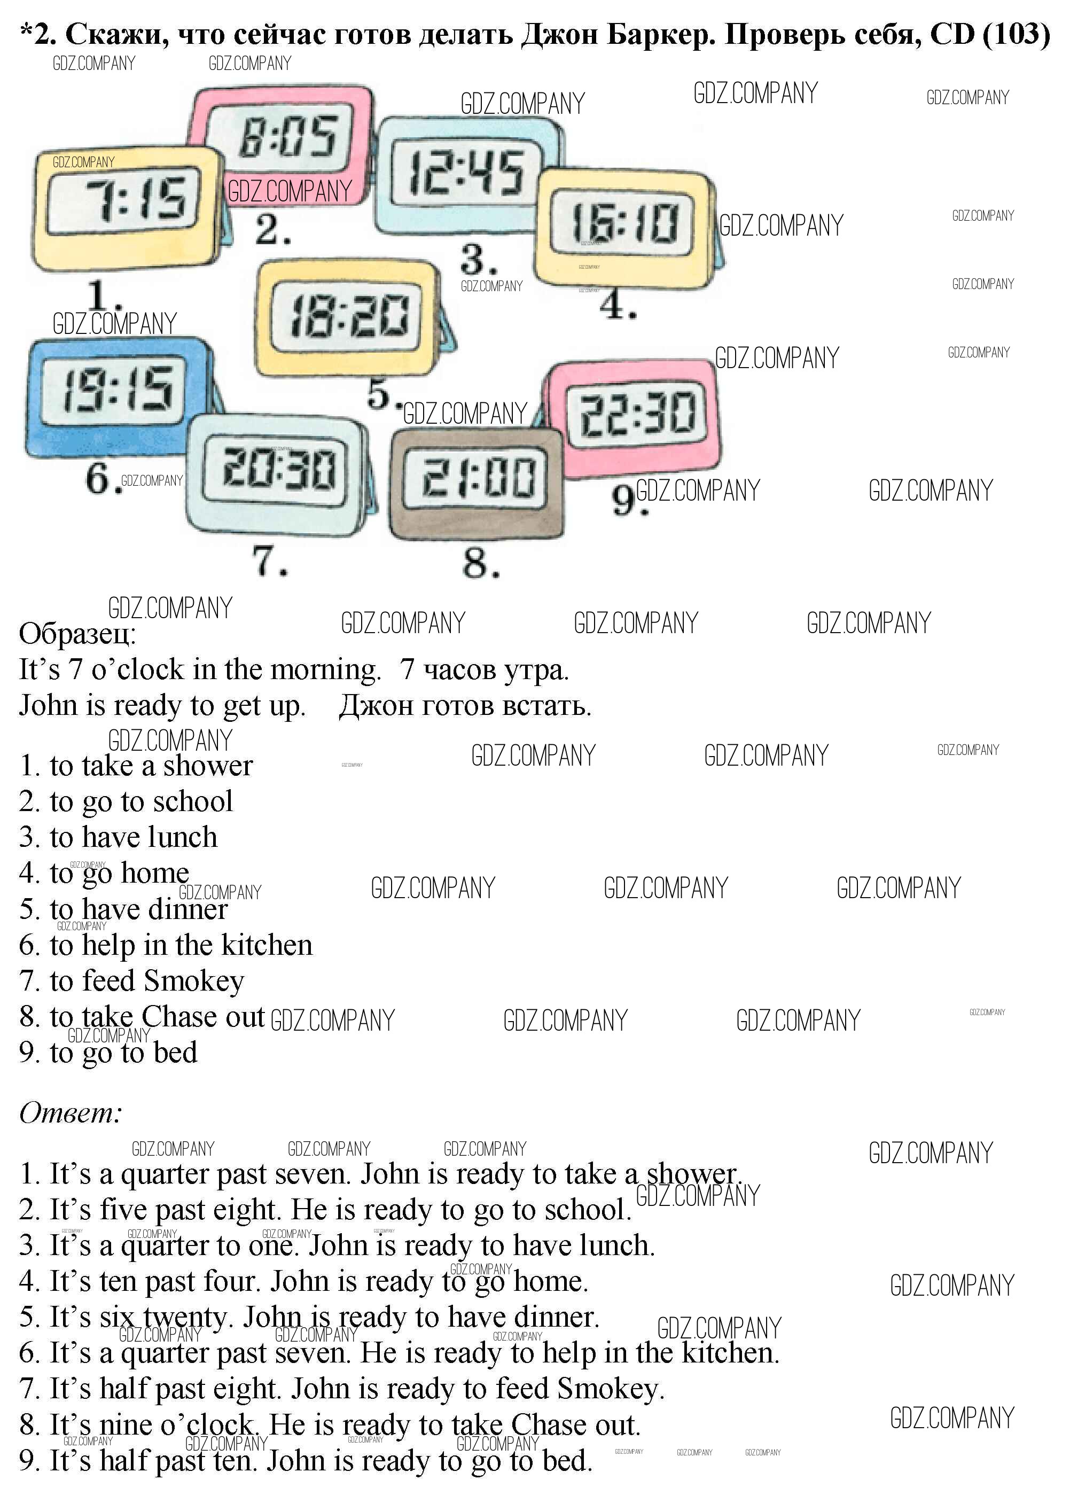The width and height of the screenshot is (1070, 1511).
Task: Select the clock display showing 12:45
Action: pyautogui.click(x=465, y=173)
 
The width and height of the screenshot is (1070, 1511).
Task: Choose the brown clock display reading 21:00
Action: pyautogui.click(x=477, y=477)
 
